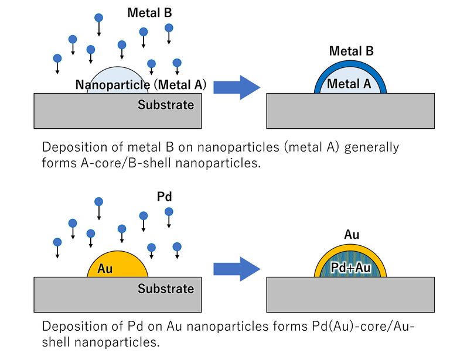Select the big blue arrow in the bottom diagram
coord(236,269)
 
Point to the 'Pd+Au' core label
coord(349,266)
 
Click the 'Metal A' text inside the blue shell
coord(349,84)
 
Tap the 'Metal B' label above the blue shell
coord(351,51)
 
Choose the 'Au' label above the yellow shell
coord(352,235)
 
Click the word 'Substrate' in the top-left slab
coord(166,105)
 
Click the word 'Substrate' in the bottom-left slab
coord(166,289)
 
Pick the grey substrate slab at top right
coord(350,111)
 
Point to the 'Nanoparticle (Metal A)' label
coord(141,85)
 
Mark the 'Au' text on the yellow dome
coord(105,269)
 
